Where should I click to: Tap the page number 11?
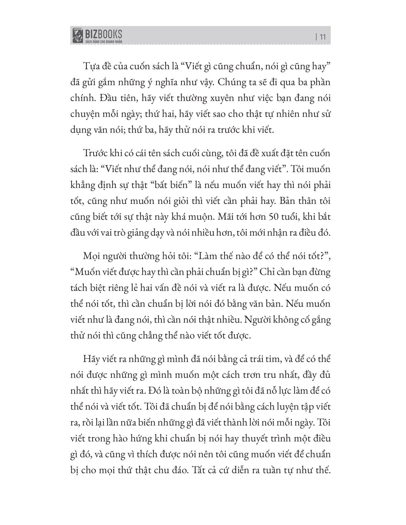pyautogui.click(x=322, y=37)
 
